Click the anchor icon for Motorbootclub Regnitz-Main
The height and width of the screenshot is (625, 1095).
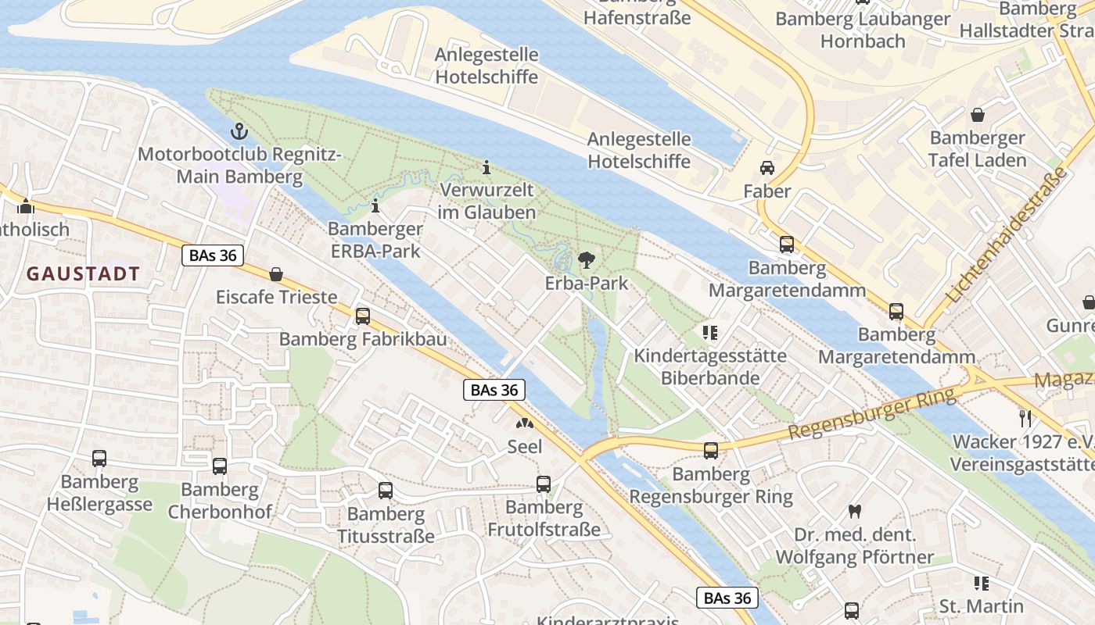pos(239,131)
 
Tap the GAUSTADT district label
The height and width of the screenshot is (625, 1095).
pos(83,274)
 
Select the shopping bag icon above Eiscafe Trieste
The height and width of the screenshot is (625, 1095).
pos(276,274)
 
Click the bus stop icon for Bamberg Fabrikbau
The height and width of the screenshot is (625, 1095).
pos(363,316)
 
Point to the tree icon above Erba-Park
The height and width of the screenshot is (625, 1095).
pos(586,260)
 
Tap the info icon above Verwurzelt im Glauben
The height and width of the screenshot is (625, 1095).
pos(486,167)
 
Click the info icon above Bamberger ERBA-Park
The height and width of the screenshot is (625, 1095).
pos(375,206)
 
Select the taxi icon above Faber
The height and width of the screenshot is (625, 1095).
pos(766,168)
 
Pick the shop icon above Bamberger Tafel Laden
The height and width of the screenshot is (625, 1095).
pos(978,116)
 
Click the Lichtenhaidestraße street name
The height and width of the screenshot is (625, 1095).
pos(1007,235)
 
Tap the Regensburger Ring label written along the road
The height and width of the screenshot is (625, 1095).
pos(872,414)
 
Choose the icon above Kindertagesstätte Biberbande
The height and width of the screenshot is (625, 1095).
pos(710,333)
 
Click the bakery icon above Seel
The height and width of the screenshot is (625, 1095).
pos(524,424)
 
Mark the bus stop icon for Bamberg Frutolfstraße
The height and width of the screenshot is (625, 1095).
pos(544,484)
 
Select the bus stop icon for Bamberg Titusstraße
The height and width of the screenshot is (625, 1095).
pos(386,491)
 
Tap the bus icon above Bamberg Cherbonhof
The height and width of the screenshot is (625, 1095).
pos(220,466)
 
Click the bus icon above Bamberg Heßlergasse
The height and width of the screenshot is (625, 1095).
pos(99,459)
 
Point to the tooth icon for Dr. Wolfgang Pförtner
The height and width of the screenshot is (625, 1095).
pos(854,512)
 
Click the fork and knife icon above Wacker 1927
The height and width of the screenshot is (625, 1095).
pos(1025,418)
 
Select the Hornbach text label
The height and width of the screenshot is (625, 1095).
pos(863,41)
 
